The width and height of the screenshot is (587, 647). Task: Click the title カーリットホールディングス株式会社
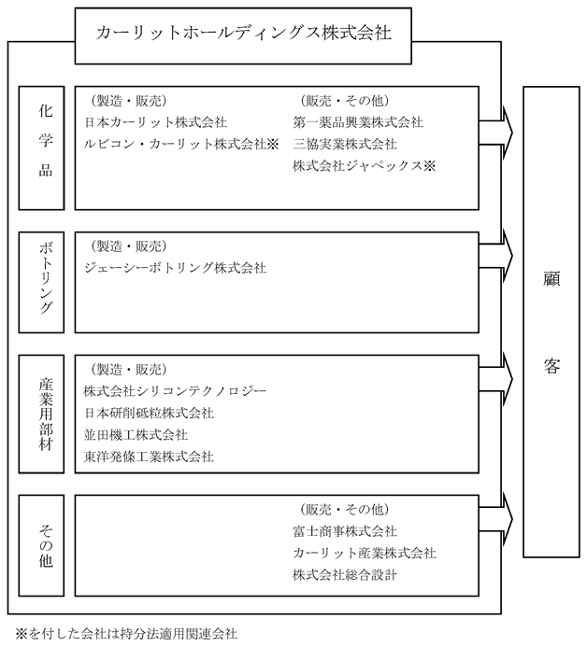coord(243,33)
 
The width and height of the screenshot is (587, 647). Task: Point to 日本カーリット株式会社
coord(156,122)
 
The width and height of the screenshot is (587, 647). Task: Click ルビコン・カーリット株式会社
coord(181,144)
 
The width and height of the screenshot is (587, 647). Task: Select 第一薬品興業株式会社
coord(358,122)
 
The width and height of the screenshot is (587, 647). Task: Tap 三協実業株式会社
coord(345,144)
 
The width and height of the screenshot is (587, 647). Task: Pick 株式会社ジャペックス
coord(364,166)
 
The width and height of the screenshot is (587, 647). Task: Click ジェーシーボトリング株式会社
coord(175,268)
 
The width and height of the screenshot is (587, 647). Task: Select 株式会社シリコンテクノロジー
coord(175,391)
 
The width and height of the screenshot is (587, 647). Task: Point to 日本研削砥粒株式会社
coord(149,413)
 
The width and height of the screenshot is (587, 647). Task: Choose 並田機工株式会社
coord(136,434)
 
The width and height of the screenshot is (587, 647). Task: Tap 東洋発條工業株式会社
coord(149,457)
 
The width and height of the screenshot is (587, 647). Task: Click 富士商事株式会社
coord(345,531)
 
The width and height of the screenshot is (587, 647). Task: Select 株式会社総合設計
coord(345,575)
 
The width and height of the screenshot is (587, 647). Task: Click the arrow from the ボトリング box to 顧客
coord(495,256)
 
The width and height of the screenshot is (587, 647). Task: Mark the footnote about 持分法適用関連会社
coord(126,633)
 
